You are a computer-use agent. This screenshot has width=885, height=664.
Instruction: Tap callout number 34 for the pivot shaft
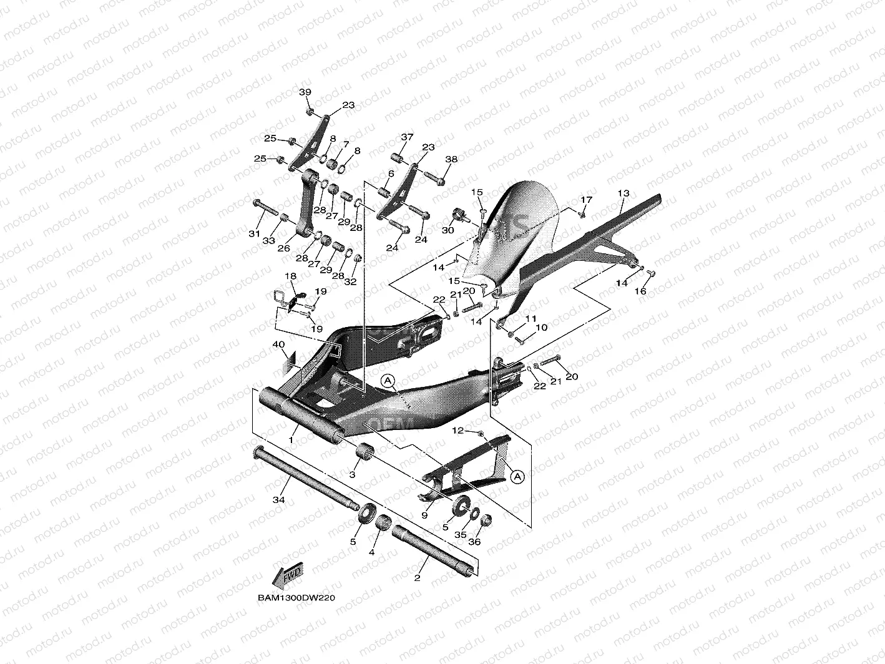[x=278, y=500]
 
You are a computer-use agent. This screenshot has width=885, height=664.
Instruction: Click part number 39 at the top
[x=305, y=93]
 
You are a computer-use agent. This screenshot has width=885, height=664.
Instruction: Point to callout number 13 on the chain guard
[x=623, y=193]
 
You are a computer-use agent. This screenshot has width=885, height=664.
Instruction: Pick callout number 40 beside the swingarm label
[x=278, y=344]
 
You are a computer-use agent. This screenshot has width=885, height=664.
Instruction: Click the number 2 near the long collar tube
[x=417, y=577]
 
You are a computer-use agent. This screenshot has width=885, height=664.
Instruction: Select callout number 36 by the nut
[x=475, y=542]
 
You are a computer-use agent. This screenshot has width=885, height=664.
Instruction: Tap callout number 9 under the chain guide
[x=424, y=515]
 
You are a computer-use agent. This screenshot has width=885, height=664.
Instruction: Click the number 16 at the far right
[x=640, y=291]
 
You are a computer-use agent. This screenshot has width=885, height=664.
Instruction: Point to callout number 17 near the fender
[x=585, y=200]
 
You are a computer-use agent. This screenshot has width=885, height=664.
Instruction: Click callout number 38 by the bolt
[x=451, y=160]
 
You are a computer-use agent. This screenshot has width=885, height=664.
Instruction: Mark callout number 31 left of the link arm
[x=253, y=233]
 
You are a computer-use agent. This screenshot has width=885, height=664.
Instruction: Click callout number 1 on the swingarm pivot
[x=291, y=440]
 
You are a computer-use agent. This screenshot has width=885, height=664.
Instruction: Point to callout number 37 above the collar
[x=407, y=137]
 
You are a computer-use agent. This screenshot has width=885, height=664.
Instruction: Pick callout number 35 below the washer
[x=459, y=535]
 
